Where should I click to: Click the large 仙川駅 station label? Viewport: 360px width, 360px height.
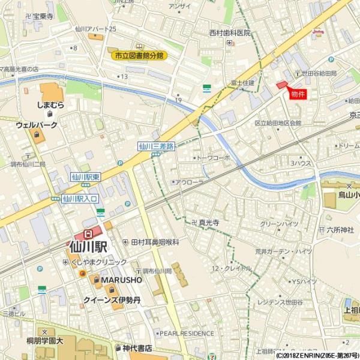pos(88,245)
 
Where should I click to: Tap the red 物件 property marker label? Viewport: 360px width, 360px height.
pos(298,95)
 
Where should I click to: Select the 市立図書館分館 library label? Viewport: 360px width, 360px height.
pos(141,56)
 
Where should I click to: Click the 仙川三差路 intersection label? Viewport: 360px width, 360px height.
pos(156,145)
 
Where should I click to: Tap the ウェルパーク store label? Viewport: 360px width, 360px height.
pos(37,125)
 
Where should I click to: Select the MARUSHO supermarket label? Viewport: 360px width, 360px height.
pos(121,280)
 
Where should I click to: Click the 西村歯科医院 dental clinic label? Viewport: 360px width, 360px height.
pos(230,33)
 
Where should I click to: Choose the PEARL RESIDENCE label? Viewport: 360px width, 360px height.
pos(186,333)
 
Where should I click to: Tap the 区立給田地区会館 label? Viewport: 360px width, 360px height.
pos(277,123)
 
